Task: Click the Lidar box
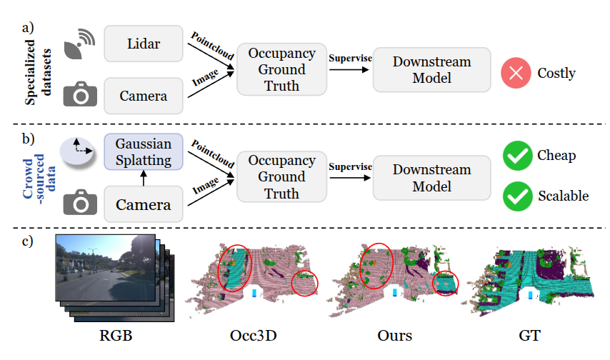coord(144,44)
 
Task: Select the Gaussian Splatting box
coord(144,151)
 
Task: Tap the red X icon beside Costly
coord(516,74)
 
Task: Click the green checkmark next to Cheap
coord(516,156)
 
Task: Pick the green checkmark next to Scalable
coord(516,196)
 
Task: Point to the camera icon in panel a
coord(80,95)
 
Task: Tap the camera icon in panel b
coord(80,204)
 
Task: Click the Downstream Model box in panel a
coord(431,69)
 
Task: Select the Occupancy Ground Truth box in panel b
coord(281,176)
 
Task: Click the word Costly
coord(556,74)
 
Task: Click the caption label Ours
coord(395,334)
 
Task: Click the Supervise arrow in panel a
coord(350,69)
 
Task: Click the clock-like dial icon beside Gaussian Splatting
coord(80,151)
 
